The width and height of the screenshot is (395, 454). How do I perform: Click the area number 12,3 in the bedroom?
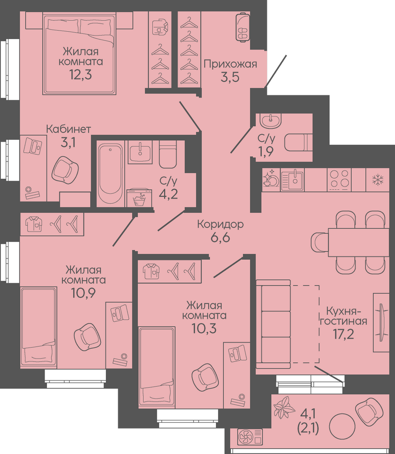tap(80, 75)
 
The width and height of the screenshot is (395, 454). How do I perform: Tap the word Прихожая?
tap(230, 64)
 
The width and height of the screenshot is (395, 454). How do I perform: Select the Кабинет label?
tap(69, 129)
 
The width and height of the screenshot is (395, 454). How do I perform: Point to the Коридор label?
tap(220, 224)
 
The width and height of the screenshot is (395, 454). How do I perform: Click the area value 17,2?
tap(344, 334)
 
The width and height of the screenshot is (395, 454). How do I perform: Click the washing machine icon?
tap(140, 198)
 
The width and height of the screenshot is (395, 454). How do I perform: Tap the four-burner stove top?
tap(339, 180)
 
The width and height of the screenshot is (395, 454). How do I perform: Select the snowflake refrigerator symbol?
tap(378, 180)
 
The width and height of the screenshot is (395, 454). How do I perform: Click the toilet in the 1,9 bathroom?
tap(298, 142)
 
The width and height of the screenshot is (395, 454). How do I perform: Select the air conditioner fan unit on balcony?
tap(250, 437)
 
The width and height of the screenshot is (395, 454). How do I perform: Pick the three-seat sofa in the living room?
tap(273, 324)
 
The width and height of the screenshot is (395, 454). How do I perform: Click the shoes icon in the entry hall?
tap(243, 27)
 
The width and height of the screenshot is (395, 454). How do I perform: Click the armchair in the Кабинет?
tap(65, 170)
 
